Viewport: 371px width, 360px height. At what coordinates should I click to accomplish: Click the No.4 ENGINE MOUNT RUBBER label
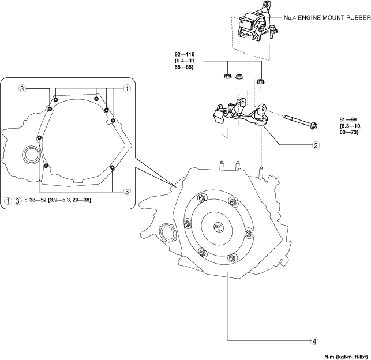[x=327, y=17]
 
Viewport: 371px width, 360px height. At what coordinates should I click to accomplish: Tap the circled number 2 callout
[x=316, y=145]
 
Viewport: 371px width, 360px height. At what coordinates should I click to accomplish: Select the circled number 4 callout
[x=314, y=341]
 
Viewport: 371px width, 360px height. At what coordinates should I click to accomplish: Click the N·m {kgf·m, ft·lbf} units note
[x=346, y=356]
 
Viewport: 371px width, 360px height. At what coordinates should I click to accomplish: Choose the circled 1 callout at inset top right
[x=127, y=88]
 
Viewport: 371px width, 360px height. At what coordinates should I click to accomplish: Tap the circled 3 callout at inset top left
[x=22, y=88]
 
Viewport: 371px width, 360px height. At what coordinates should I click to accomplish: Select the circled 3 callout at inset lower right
[x=127, y=191]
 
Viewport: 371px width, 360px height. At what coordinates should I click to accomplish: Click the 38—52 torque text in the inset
[x=61, y=200]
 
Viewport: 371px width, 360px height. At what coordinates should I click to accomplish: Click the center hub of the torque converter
[x=217, y=227]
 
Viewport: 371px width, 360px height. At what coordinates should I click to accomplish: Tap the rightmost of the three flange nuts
[x=260, y=81]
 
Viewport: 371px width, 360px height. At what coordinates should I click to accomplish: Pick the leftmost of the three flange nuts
[x=227, y=76]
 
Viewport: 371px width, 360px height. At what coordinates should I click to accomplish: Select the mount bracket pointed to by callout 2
[x=241, y=112]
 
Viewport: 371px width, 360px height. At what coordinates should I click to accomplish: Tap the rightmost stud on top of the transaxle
[x=261, y=172]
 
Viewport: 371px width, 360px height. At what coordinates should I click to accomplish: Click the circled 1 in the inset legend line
[x=8, y=201]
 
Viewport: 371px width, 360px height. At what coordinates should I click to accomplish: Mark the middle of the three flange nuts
[x=239, y=77]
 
